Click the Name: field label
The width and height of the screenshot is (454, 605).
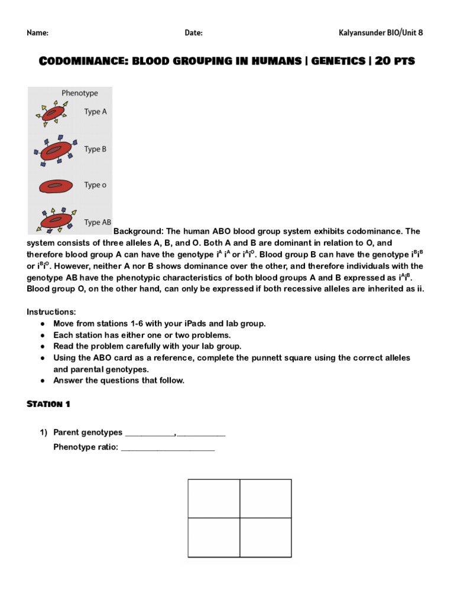(37, 33)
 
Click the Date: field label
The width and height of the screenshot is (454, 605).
(193, 33)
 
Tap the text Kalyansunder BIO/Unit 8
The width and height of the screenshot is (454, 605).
(381, 33)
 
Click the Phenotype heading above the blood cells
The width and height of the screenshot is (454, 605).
(80, 93)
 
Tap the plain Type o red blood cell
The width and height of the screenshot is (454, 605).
(55, 186)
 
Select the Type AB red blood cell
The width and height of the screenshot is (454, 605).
(55, 221)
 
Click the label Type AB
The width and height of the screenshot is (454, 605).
(97, 223)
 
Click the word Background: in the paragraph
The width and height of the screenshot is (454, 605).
(138, 232)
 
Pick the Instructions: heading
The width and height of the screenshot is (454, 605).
(51, 312)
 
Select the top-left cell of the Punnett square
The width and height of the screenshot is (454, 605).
(213, 498)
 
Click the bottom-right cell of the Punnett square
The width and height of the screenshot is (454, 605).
(265, 537)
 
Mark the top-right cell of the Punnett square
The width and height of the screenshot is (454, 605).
(265, 498)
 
